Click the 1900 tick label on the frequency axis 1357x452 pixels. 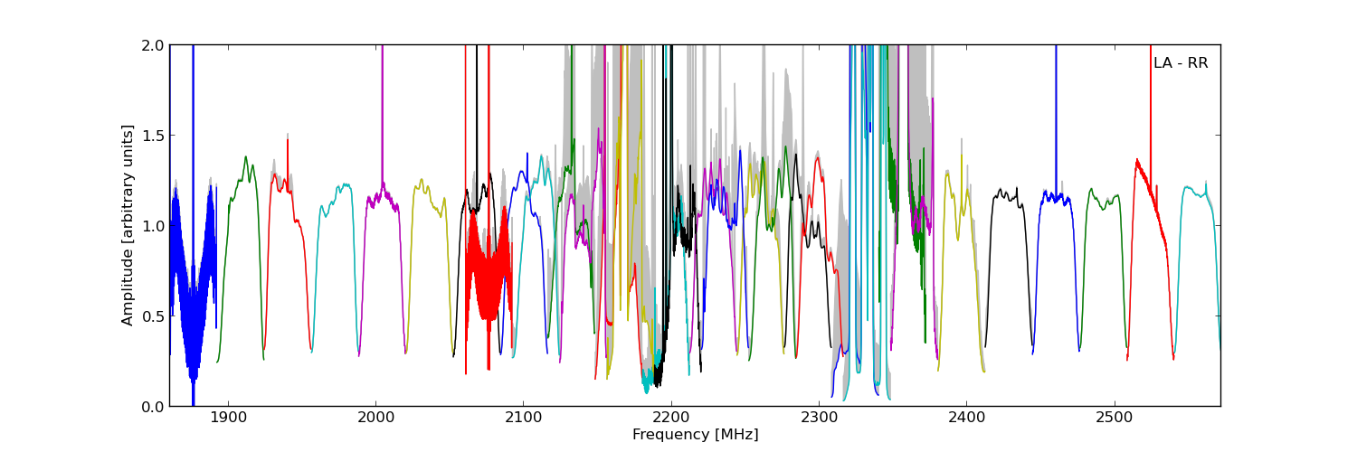[x=227, y=419]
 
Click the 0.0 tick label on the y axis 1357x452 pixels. [x=152, y=407]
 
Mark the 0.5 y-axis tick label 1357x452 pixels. [x=152, y=316]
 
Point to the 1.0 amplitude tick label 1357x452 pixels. [x=152, y=226]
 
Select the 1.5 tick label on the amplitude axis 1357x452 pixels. [x=152, y=136]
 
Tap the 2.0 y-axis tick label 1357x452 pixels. [x=152, y=45]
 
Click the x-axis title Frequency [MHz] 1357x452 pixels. [x=695, y=435]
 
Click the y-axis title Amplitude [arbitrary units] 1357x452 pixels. [x=128, y=225]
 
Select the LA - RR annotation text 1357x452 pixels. [x=1181, y=63]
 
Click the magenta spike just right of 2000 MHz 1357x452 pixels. [x=382, y=108]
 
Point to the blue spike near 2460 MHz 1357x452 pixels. [x=1055, y=108]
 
